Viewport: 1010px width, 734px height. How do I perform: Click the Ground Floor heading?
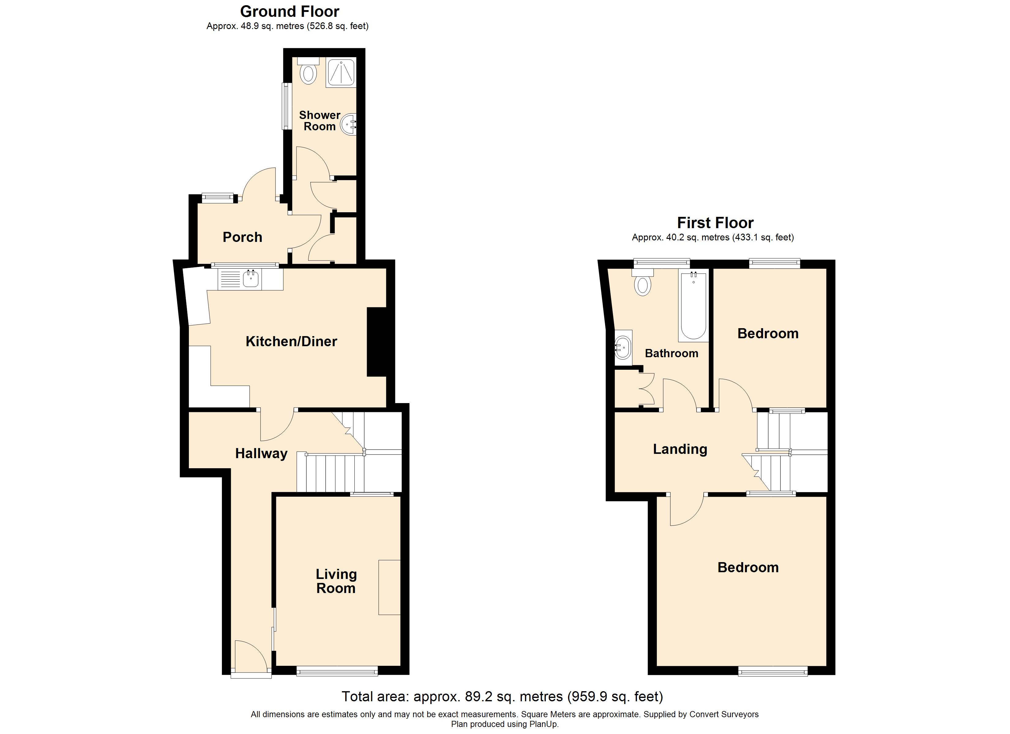tap(290, 11)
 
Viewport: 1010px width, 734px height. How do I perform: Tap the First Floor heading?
tap(715, 223)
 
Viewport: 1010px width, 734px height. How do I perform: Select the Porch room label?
tap(242, 237)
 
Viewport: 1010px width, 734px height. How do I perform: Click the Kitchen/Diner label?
tap(291, 341)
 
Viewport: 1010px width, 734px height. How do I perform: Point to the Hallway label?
tap(261, 454)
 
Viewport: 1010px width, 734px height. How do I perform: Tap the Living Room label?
tap(336, 581)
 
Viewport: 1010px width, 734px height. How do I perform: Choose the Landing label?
tap(680, 449)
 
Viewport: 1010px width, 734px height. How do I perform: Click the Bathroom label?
tap(671, 354)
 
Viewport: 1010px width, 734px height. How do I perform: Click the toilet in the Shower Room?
tap(308, 71)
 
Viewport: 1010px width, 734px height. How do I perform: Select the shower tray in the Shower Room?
tap(341, 72)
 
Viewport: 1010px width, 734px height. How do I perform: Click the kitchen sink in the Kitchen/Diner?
tap(251, 280)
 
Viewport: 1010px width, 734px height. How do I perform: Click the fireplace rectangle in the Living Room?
tap(390, 587)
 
